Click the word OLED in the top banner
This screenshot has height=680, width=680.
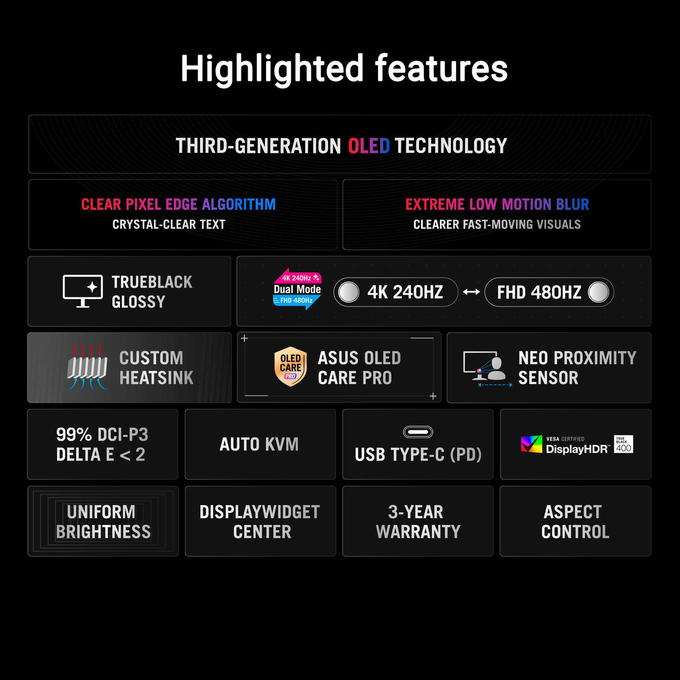[369, 146]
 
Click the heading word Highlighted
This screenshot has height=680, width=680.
[272, 69]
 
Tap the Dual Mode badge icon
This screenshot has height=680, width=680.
[297, 289]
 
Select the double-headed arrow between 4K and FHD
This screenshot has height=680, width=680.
[471, 292]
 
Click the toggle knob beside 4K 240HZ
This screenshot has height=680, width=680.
[349, 292]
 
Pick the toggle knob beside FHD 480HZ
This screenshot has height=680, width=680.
[598, 292]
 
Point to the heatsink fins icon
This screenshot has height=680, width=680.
[87, 367]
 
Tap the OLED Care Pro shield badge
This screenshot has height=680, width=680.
[290, 367]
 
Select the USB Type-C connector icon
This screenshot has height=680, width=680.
[418, 432]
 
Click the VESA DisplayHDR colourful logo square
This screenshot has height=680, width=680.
[532, 444]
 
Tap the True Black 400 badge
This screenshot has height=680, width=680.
[623, 444]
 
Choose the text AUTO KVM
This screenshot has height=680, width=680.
[259, 444]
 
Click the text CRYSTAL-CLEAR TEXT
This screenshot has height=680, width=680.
[169, 225]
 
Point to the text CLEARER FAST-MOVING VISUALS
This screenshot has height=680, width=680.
[497, 225]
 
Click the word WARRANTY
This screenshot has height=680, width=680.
[418, 532]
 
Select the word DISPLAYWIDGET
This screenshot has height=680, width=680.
[259, 512]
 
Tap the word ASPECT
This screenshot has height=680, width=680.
[572, 512]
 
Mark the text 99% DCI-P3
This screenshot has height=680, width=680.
[102, 435]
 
